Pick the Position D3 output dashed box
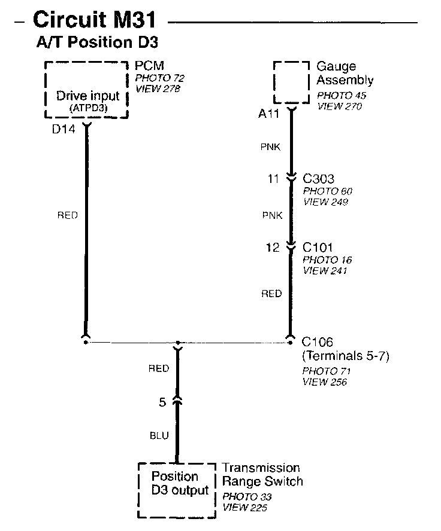pos(176,490)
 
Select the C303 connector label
pos(318,179)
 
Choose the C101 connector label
pos(318,247)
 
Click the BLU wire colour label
pos(159,437)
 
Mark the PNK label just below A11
pos(269,146)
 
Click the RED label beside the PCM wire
pos(67,215)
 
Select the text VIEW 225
pos(244,508)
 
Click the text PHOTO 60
pos(327,191)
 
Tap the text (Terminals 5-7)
pos(346,356)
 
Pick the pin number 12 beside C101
pos(273,247)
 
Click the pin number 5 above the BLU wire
pos(162,402)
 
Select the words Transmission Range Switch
pos(262,475)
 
